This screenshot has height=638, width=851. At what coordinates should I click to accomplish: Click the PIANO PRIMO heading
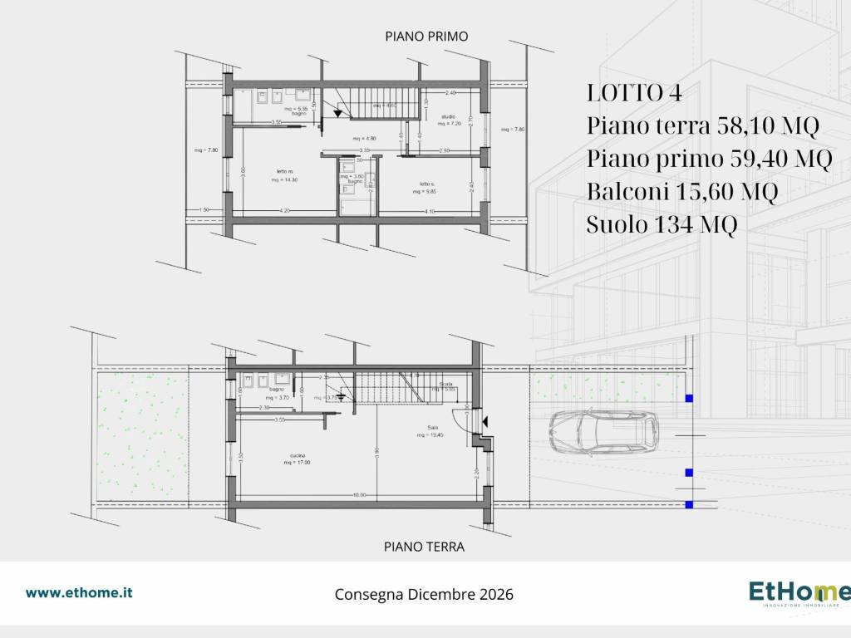tap(426, 37)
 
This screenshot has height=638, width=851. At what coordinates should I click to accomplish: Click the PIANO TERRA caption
tap(424, 547)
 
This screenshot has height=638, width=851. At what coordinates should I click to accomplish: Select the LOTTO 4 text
tap(634, 93)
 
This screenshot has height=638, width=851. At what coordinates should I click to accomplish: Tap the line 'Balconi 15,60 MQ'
tap(681, 192)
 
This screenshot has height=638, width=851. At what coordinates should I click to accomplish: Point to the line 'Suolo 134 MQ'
tap(662, 225)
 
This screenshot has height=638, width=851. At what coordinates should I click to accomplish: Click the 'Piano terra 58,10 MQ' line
tap(703, 126)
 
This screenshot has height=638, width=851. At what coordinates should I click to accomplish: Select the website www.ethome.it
tap(79, 592)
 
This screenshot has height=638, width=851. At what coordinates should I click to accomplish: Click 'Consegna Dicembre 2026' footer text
tap(424, 595)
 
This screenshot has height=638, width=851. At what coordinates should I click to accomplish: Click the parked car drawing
tap(603, 433)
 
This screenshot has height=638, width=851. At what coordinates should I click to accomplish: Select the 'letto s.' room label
tap(426, 183)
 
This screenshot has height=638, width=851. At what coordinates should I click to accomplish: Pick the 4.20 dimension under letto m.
tap(284, 211)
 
